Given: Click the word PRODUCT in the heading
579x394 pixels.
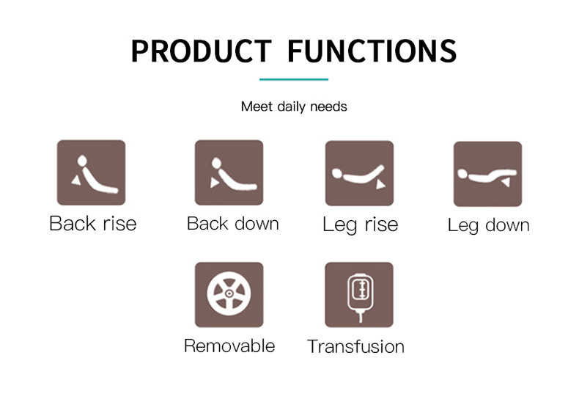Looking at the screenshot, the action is point(202,51).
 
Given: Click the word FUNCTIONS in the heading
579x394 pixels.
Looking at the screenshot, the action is point(372,51).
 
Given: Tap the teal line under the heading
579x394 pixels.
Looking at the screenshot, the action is point(294,79).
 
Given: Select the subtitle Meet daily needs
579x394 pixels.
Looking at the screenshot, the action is point(294,106).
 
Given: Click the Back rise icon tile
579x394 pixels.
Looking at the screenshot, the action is point(91,172).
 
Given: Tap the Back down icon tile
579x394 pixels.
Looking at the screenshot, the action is point(229,172).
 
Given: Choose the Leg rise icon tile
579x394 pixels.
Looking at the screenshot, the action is point(359,173).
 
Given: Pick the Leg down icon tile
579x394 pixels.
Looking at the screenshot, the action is point(487,174).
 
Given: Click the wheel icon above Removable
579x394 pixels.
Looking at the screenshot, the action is point(229,293).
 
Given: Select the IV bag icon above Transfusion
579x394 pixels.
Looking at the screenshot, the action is point(361,297).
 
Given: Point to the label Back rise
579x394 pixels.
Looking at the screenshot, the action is point(92,223).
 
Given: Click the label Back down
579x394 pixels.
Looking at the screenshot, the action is point(232,223).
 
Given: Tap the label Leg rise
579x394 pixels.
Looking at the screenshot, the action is point(361,225).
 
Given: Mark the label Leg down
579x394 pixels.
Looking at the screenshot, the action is point(489,225).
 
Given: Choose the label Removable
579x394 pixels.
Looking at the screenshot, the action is point(229,346).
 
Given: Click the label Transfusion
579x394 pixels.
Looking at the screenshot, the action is point(355,347).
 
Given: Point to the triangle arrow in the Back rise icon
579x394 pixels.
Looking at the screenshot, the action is point(76,180).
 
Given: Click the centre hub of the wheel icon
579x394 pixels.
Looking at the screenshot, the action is point(229,293).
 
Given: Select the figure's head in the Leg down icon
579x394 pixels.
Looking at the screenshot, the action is point(462,174).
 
